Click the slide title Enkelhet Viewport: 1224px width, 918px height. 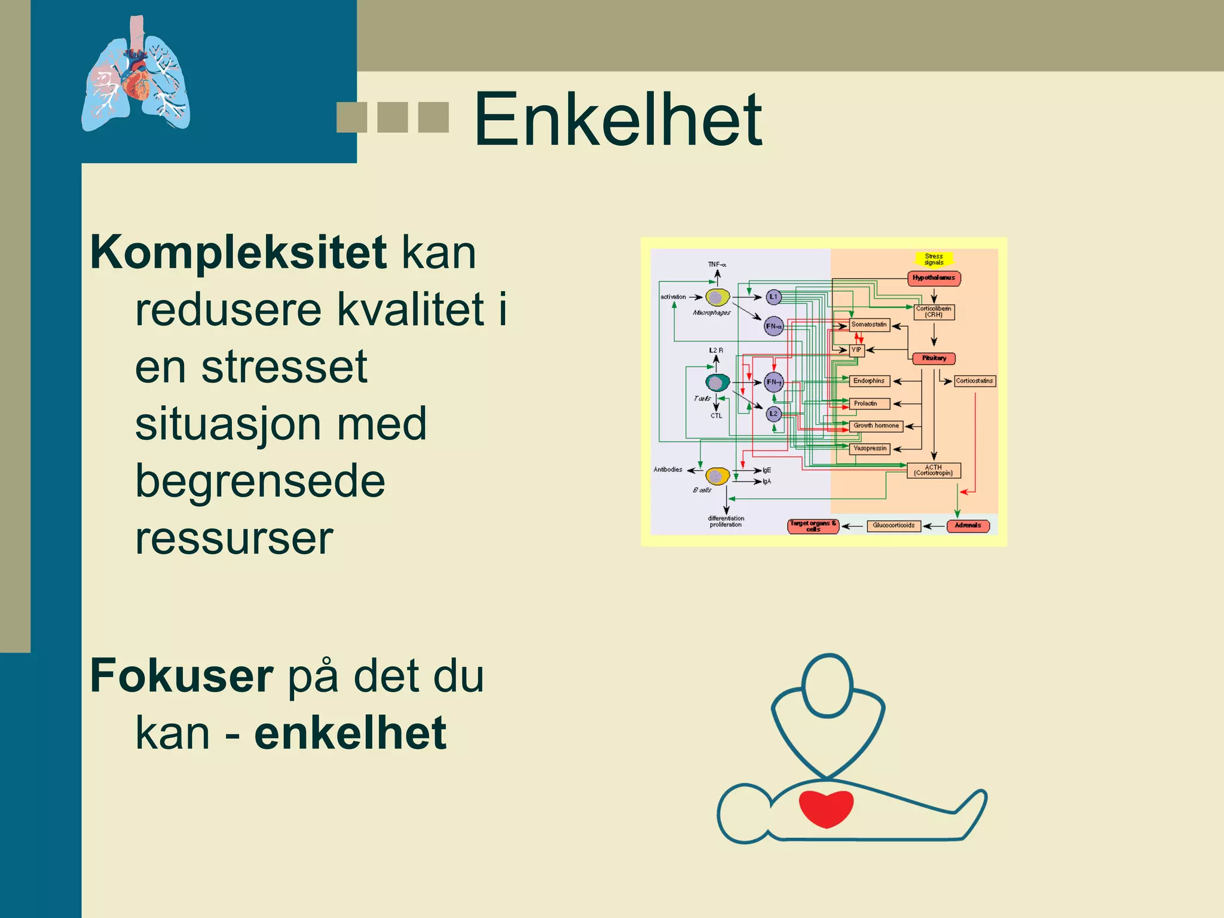pyautogui.click(x=617, y=120)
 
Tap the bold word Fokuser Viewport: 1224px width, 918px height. pyautogui.click(x=182, y=677)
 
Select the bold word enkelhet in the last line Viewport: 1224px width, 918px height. pyautogui.click(x=350, y=734)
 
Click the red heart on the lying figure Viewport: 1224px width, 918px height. pyautogui.click(x=826, y=808)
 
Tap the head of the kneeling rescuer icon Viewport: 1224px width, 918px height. pyautogui.click(x=827, y=686)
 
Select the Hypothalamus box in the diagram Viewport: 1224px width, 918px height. pyautogui.click(x=934, y=278)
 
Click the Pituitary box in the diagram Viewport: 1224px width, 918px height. pyautogui.click(x=934, y=359)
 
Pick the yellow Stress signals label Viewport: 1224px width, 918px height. pyautogui.click(x=934, y=259)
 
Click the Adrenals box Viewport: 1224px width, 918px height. pyautogui.click(x=968, y=526)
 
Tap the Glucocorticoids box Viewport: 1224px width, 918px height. pyautogui.click(x=893, y=526)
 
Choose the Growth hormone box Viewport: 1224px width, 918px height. pyautogui.click(x=876, y=426)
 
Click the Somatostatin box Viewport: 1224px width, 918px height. pyautogui.click(x=869, y=325)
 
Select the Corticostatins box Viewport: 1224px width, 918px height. pyautogui.click(x=974, y=381)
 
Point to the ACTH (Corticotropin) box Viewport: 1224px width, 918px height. pyautogui.click(x=934, y=471)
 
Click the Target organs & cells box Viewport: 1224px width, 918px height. pyautogui.click(x=813, y=527)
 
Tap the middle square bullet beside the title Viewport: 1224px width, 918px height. pyautogui.click(x=393, y=117)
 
